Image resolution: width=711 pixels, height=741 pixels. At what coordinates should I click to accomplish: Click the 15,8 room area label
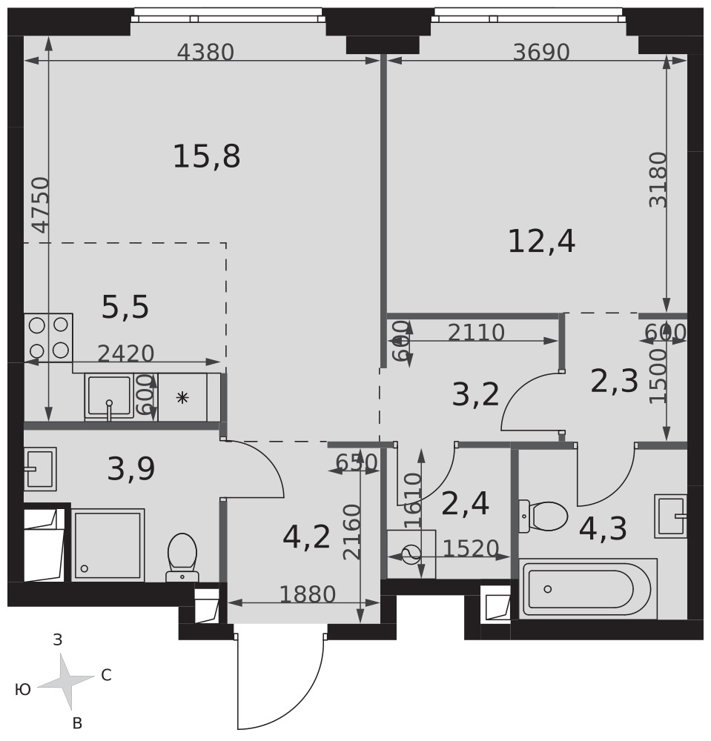coord(207,157)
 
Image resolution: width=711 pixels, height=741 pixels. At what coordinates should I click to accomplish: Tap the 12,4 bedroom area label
coord(541,242)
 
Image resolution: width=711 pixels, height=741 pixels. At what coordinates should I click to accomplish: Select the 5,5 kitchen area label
coord(125,308)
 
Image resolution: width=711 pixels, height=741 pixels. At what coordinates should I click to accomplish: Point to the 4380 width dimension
coord(205,52)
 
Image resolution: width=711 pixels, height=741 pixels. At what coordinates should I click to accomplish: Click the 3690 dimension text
coord(541,52)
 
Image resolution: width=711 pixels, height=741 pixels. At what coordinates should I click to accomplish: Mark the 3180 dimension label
coord(658,179)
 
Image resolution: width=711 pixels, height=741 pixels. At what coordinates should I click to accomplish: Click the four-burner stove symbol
coord(49,338)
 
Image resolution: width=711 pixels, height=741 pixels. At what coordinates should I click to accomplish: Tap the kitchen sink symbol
coord(109,397)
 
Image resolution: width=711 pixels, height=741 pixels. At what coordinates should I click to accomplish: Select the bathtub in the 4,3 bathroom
coord(588,589)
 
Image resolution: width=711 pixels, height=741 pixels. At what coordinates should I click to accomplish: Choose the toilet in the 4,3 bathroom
coord(543,516)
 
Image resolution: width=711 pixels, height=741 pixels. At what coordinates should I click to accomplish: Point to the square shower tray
coord(108,545)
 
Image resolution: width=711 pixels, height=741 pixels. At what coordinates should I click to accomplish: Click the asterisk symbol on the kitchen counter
coord(182,397)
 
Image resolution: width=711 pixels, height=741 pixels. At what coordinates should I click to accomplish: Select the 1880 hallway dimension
coord(308,594)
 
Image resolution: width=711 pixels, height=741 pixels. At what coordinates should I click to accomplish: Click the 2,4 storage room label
coord(465,504)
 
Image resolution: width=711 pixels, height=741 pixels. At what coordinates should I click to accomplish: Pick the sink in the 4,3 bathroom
coord(670,516)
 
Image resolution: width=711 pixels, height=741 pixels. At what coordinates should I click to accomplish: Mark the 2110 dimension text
coord(477,333)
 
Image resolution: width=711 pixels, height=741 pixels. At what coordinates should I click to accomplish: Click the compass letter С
coord(106,675)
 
